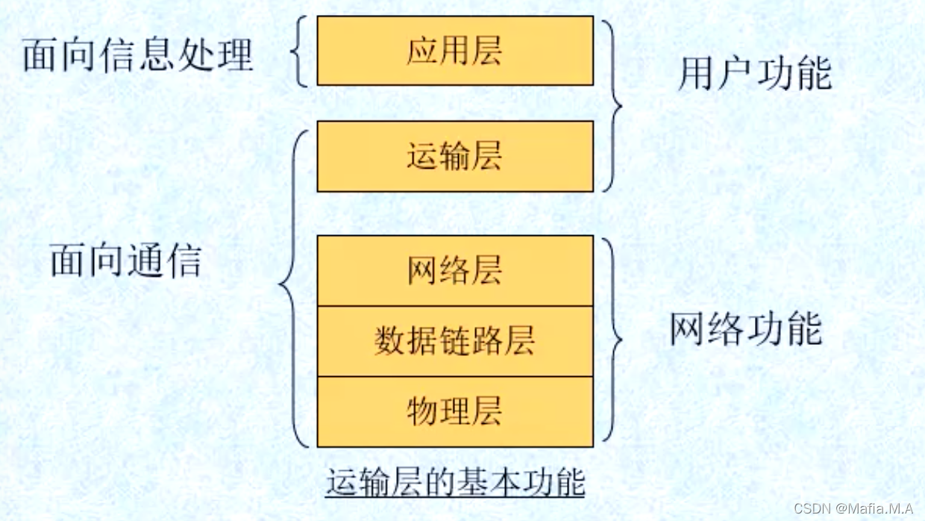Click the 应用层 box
455,51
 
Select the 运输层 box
455,157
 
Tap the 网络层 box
455,270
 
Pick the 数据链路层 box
455,341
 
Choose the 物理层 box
455,411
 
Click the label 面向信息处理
138,55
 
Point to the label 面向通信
126,261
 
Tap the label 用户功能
754,75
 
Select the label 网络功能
745,329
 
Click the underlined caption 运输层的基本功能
455,482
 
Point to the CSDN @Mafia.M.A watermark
853,509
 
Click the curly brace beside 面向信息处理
298,52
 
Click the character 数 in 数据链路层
389,341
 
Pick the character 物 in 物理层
422,411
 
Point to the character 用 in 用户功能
695,75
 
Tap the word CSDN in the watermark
812,509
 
